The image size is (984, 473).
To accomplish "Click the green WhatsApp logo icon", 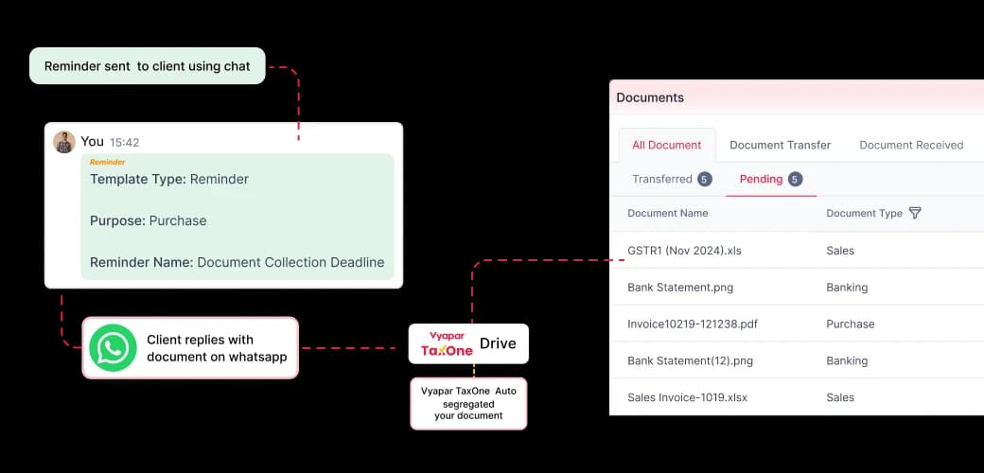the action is click(113, 347).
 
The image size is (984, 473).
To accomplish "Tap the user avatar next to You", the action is click(64, 142).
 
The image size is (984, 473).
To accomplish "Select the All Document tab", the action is click(666, 145).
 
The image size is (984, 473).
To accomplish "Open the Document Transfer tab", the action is click(780, 145).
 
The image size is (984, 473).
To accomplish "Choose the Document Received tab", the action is click(911, 145).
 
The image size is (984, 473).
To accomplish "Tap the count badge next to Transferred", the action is click(704, 180).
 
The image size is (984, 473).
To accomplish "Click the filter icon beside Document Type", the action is click(915, 213).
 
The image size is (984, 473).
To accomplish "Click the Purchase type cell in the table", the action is click(851, 324).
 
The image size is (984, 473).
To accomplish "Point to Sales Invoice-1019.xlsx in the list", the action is click(687, 397).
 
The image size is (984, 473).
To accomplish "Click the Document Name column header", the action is click(668, 213).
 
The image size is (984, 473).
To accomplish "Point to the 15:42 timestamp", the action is click(124, 143).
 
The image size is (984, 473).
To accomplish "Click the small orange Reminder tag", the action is click(107, 162).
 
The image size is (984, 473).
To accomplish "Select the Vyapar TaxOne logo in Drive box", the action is click(447, 343).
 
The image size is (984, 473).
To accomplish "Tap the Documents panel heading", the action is click(650, 97).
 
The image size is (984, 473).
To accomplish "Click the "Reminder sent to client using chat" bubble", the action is click(148, 66).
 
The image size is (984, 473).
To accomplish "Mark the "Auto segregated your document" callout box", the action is click(468, 403).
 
